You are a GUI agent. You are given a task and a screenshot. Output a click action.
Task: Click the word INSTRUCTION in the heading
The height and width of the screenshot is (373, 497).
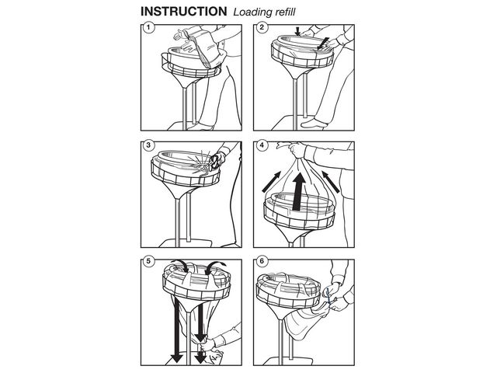point(183,12)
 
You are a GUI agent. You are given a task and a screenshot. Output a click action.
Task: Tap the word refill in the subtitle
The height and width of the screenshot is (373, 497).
point(283,12)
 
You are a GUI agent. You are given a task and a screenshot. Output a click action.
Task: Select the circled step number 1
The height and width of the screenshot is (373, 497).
point(148,28)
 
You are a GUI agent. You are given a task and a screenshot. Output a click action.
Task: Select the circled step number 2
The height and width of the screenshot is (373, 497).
point(262,28)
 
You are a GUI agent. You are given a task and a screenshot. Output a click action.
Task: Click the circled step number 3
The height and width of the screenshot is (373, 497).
point(148,145)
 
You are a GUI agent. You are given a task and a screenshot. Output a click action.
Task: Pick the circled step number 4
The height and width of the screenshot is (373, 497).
point(262,145)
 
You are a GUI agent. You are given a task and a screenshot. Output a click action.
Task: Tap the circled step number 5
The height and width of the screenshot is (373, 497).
point(148,261)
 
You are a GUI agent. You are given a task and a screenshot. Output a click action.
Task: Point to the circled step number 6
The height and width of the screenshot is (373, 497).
point(262,261)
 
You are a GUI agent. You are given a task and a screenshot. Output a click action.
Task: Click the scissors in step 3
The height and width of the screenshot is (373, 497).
point(214,162)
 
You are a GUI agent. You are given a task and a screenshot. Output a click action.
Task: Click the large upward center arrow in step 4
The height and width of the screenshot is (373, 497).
point(298,192)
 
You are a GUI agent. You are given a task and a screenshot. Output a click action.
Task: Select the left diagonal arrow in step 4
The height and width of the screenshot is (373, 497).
point(271,182)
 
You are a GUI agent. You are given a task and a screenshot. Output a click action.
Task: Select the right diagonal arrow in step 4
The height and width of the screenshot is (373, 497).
point(331,182)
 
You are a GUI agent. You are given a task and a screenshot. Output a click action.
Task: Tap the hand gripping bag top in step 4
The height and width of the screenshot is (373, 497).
point(297,150)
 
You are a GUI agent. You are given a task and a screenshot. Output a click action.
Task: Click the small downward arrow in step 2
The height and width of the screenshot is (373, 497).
point(297,31)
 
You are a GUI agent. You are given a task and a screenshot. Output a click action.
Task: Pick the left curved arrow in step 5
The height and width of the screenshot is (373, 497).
point(179,266)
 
